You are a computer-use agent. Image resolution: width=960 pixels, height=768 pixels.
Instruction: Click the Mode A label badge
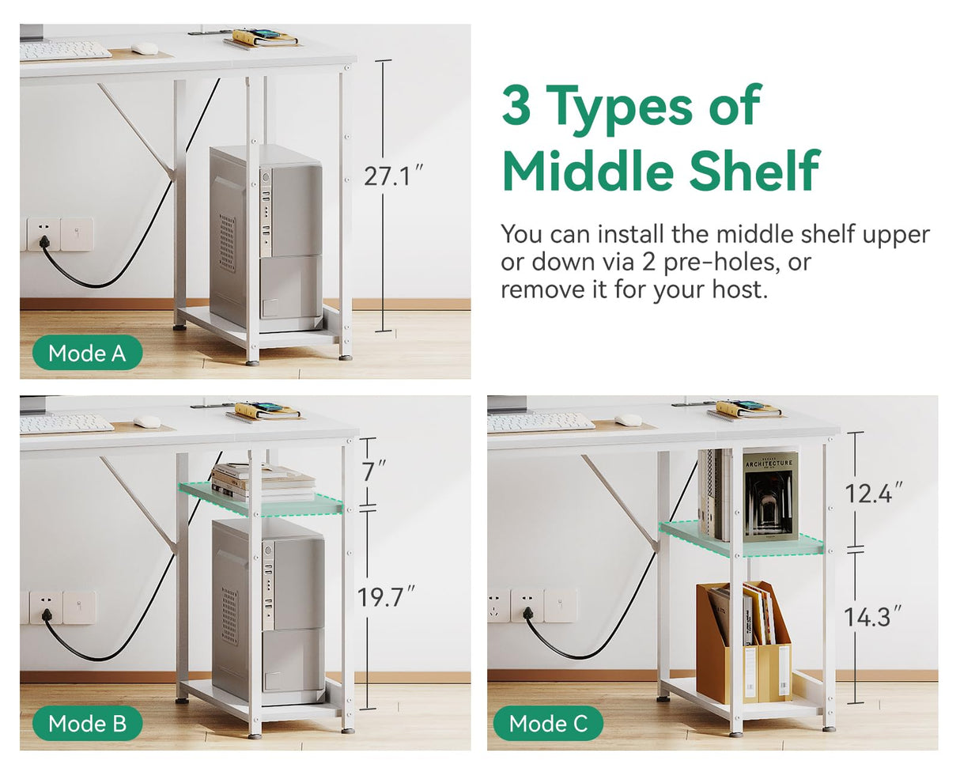point(88,353)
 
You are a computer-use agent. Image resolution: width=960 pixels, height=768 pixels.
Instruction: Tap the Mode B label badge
point(88,724)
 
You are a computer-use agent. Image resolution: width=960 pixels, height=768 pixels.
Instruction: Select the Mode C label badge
point(548,724)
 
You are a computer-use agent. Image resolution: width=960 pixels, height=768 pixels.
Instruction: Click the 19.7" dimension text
point(387,597)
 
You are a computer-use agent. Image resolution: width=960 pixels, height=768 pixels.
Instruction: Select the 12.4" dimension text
point(874,493)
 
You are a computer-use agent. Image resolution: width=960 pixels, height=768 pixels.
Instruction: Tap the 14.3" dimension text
point(873,617)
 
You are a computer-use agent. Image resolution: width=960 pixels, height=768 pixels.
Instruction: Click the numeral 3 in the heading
point(516,105)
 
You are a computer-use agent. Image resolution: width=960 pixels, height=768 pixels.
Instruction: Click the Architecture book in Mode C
point(770,495)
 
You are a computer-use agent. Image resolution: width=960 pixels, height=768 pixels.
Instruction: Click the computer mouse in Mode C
point(629,420)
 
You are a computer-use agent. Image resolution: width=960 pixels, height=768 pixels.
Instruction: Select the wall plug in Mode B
point(46,616)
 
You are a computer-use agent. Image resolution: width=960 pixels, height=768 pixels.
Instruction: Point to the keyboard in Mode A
point(65,51)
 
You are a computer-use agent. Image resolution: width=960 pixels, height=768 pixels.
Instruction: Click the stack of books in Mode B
point(263,482)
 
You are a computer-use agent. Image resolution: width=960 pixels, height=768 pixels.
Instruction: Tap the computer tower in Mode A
point(266,238)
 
